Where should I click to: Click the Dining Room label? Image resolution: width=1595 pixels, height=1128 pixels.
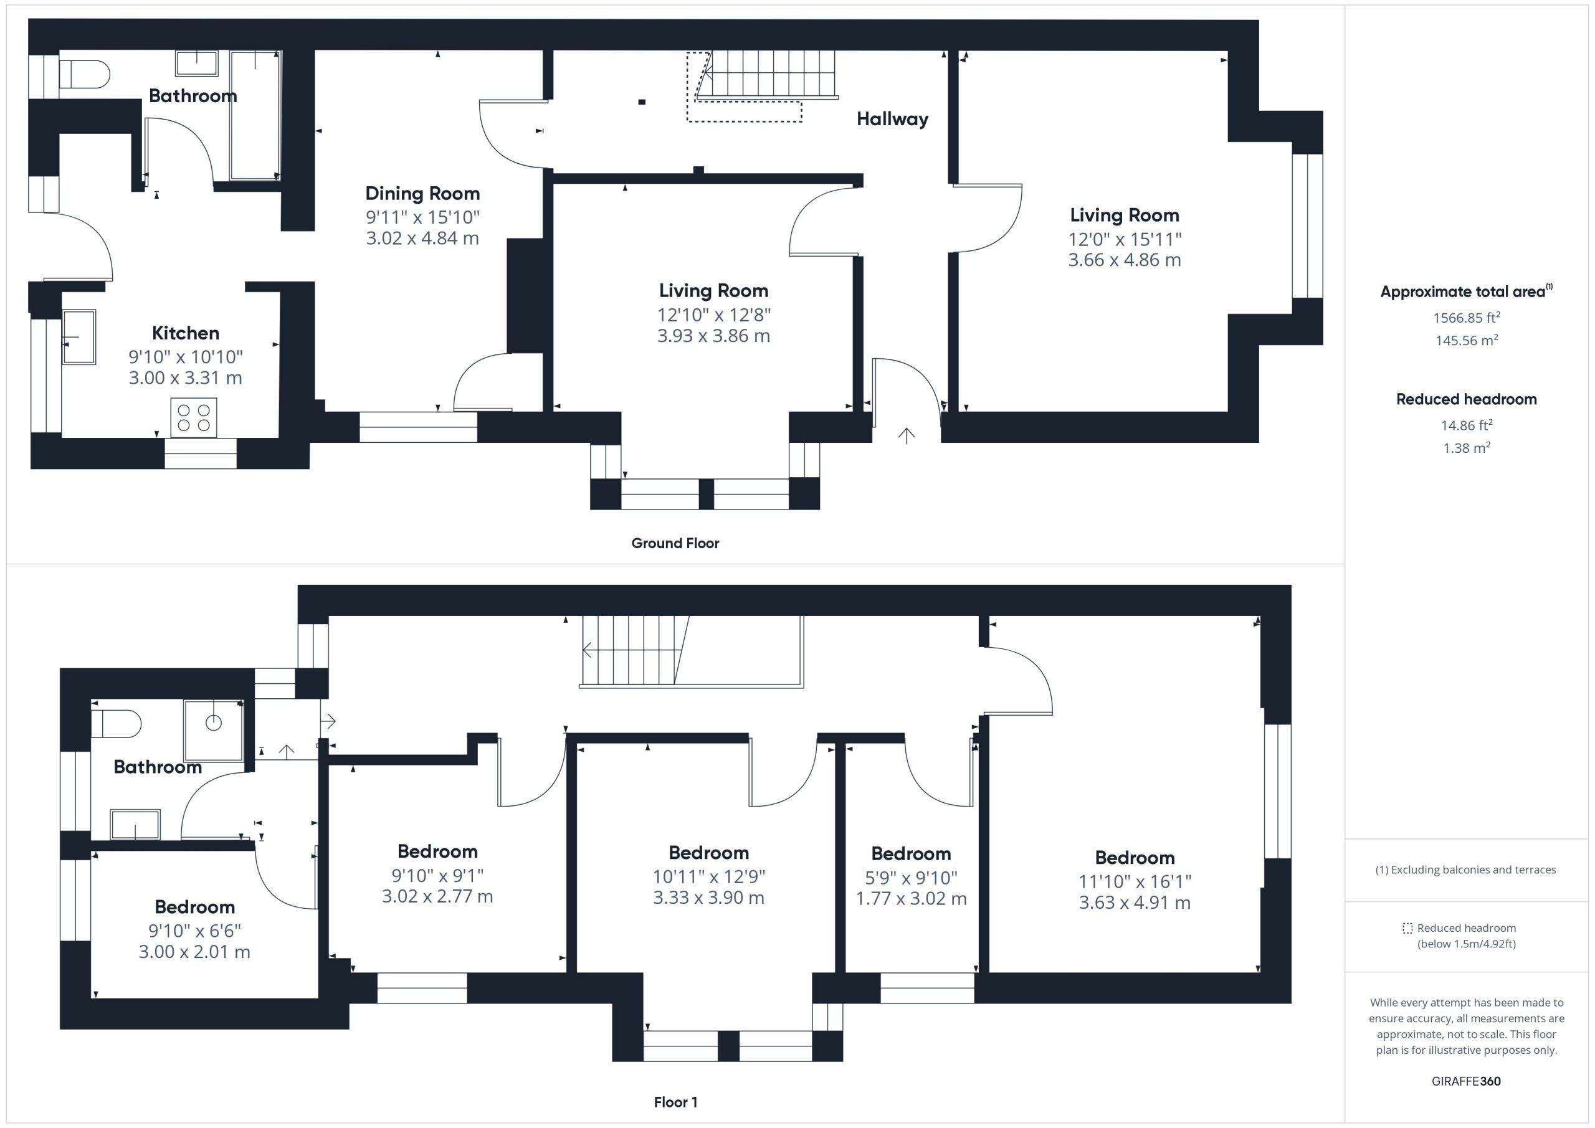[422, 193]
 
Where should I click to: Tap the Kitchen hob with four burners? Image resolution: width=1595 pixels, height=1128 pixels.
[194, 417]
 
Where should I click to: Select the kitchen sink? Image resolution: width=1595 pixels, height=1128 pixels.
[79, 337]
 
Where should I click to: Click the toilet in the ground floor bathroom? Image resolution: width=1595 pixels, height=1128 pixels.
[84, 73]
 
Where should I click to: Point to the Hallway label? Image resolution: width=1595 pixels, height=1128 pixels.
[892, 120]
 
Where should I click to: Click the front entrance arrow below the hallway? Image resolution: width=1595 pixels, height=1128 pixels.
[906, 435]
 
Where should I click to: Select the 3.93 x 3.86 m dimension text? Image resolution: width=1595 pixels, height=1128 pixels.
[713, 336]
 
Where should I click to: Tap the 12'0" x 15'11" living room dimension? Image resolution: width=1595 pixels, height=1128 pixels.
[1125, 240]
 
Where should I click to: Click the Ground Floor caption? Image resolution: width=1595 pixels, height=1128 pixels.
[675, 543]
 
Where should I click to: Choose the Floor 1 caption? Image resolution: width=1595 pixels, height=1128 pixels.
[675, 1102]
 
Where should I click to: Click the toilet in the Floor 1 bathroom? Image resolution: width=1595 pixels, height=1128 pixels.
[116, 724]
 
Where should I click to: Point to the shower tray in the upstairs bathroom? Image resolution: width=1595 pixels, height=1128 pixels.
[213, 730]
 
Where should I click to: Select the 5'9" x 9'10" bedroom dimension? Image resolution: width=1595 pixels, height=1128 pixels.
[911, 878]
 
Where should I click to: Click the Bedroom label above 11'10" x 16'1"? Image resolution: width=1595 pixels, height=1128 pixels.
[1135, 858]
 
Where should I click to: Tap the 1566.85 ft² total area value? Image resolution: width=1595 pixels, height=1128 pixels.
[1467, 318]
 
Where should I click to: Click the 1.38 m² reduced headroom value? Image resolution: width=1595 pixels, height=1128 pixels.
[1467, 448]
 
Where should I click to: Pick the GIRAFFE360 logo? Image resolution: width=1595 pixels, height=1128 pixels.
[1466, 1081]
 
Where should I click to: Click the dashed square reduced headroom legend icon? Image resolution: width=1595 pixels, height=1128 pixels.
[1407, 928]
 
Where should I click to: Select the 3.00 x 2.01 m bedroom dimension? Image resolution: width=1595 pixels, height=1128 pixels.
[194, 952]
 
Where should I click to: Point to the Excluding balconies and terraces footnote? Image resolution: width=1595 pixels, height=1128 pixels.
[1466, 870]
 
